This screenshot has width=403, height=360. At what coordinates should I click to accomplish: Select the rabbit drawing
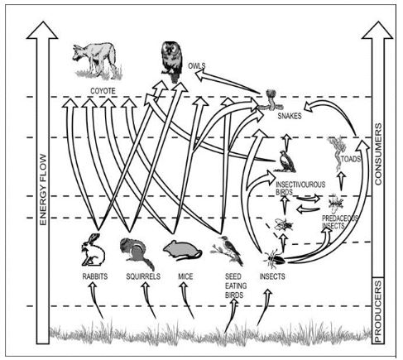click(x=91, y=249)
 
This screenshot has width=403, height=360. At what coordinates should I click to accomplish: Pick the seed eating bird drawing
click(x=228, y=247)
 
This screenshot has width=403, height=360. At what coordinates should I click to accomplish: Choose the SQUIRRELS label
click(x=142, y=276)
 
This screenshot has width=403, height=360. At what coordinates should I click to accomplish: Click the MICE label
click(x=185, y=276)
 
